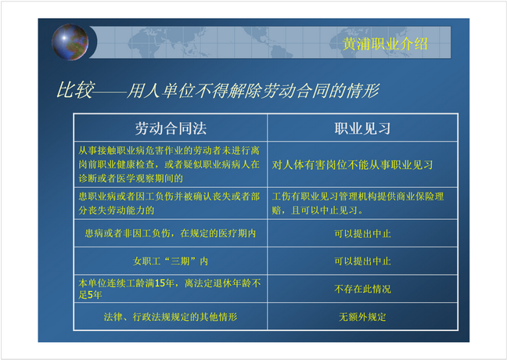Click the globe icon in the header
(x=70, y=42)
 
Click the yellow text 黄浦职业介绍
(x=385, y=44)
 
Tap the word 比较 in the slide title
(x=76, y=90)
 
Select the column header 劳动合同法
(x=171, y=128)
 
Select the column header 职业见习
(x=362, y=128)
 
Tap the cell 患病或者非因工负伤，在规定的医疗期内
(x=171, y=233)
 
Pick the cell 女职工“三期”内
(x=171, y=261)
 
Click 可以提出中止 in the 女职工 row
(x=362, y=261)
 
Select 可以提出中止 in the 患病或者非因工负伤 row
(x=362, y=233)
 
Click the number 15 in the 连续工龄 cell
(x=160, y=283)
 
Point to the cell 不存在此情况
(x=362, y=289)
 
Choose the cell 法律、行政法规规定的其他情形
(x=171, y=317)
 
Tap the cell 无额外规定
(x=362, y=317)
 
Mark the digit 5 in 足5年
(x=90, y=295)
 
